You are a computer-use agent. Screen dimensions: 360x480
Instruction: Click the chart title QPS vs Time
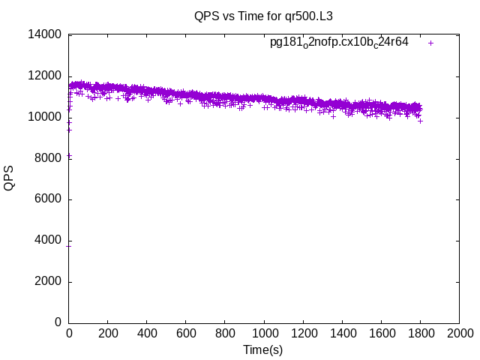pos(263,16)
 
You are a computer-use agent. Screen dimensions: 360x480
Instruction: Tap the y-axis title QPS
pos(9,178)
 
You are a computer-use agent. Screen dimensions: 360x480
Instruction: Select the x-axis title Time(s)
pos(263,349)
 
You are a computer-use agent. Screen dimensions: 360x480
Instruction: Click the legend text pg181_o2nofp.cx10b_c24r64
pos(339,42)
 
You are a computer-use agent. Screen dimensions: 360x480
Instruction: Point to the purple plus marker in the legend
pos(430,43)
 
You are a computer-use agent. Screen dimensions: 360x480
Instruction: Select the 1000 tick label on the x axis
pos(264,333)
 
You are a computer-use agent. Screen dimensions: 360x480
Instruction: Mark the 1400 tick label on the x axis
pos(342,333)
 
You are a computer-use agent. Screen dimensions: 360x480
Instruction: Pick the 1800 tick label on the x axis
pos(420,333)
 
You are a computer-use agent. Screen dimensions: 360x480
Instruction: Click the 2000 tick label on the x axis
pos(459,333)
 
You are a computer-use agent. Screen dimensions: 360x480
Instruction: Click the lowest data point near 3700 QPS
pos(69,246)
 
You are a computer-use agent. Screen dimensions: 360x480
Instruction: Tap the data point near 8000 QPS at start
pos(69,156)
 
